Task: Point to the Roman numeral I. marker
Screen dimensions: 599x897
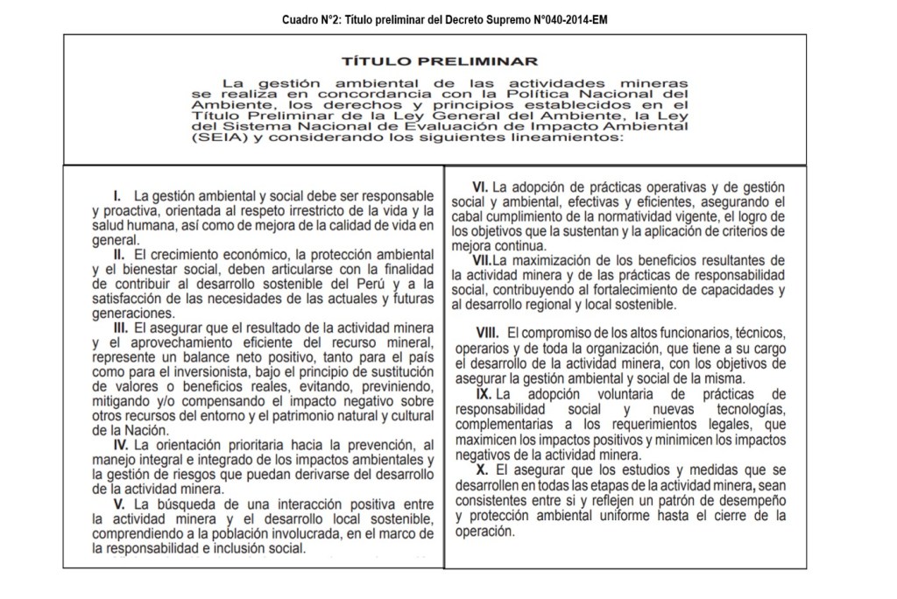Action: point(117,194)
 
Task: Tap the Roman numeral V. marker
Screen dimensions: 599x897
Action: point(119,504)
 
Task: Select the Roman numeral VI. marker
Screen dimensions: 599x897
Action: point(480,187)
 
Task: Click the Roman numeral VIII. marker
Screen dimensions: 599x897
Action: point(487,334)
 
